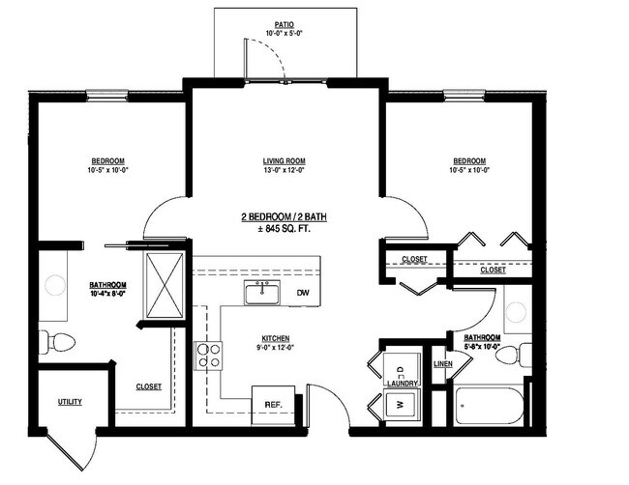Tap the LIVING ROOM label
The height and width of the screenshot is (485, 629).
(x=284, y=160)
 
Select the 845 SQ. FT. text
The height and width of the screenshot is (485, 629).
(x=286, y=229)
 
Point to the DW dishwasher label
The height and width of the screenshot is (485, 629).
(x=303, y=293)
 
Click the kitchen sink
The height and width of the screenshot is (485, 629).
(x=261, y=293)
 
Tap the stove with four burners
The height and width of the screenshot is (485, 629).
(x=209, y=356)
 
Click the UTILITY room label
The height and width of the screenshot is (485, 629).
(x=70, y=402)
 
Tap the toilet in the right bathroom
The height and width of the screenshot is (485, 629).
(x=510, y=356)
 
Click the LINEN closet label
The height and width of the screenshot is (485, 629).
(x=443, y=364)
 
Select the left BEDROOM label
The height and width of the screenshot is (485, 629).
(x=107, y=160)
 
